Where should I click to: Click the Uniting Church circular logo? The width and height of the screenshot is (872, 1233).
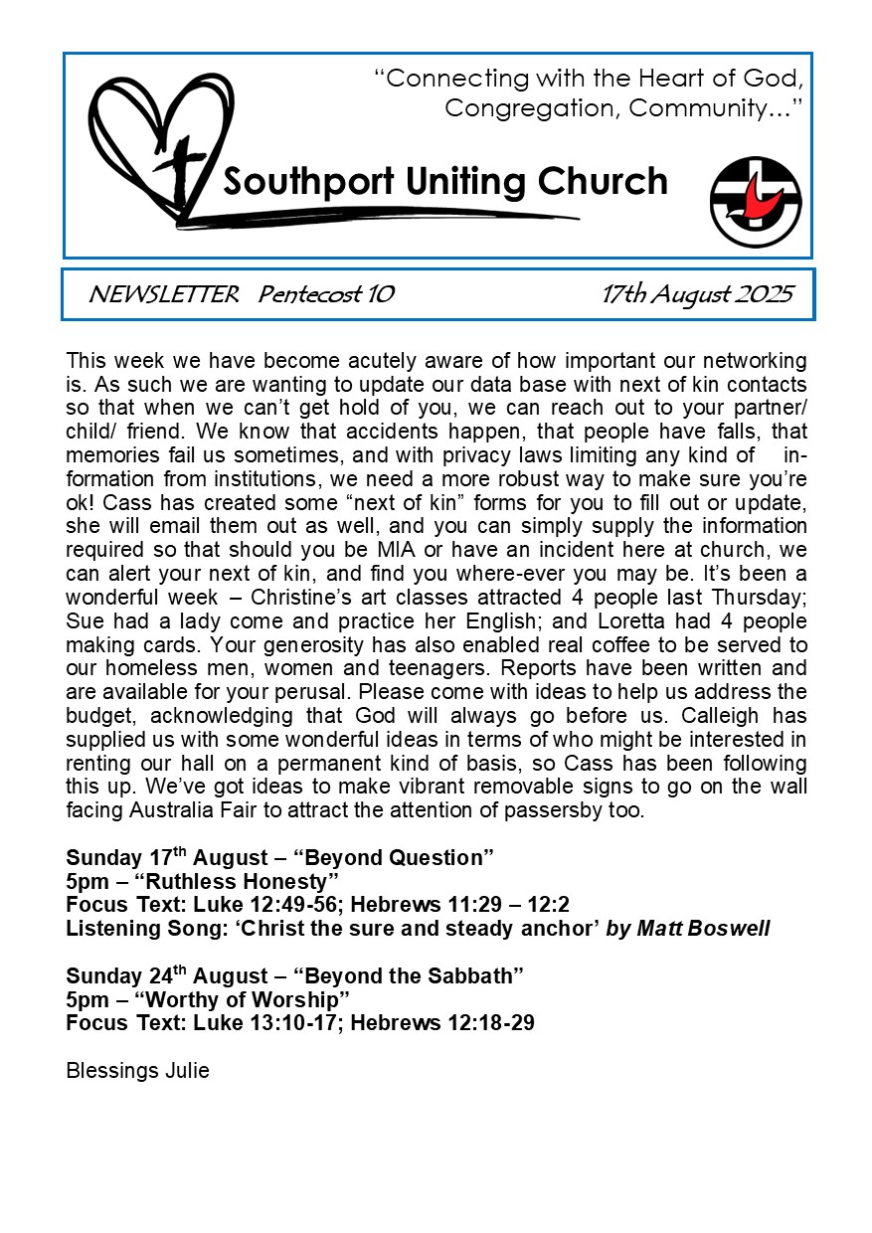[756, 201]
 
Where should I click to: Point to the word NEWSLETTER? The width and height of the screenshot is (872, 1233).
[163, 294]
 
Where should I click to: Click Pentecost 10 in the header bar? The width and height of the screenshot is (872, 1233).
[326, 294]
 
